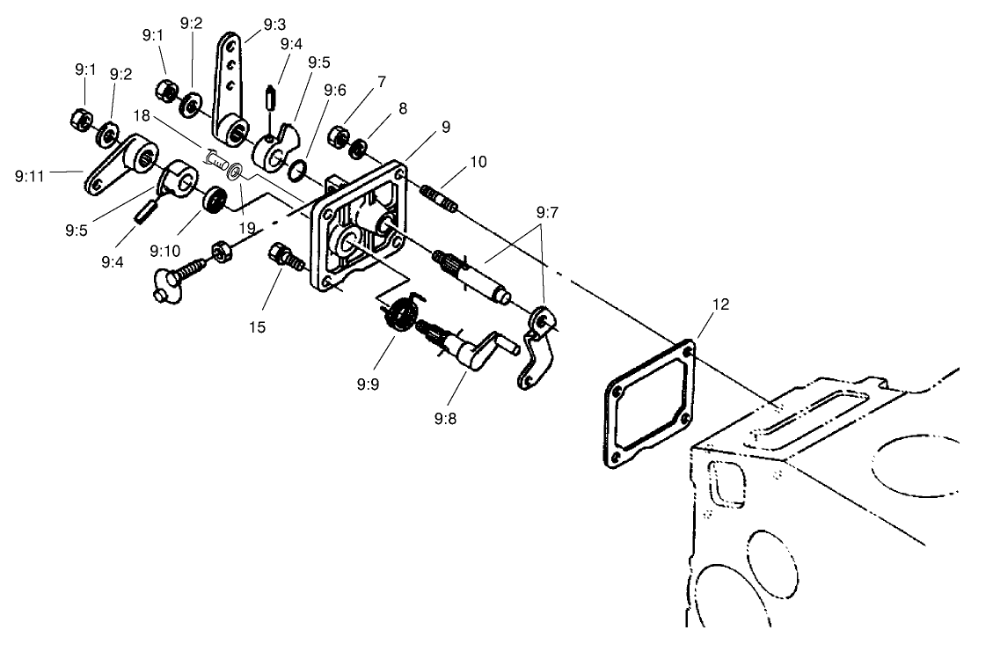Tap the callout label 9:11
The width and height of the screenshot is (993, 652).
tap(29, 176)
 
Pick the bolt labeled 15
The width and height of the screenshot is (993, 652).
tap(284, 257)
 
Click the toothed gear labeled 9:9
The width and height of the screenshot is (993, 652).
tap(401, 315)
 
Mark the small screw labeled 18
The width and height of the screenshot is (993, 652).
tap(215, 158)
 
